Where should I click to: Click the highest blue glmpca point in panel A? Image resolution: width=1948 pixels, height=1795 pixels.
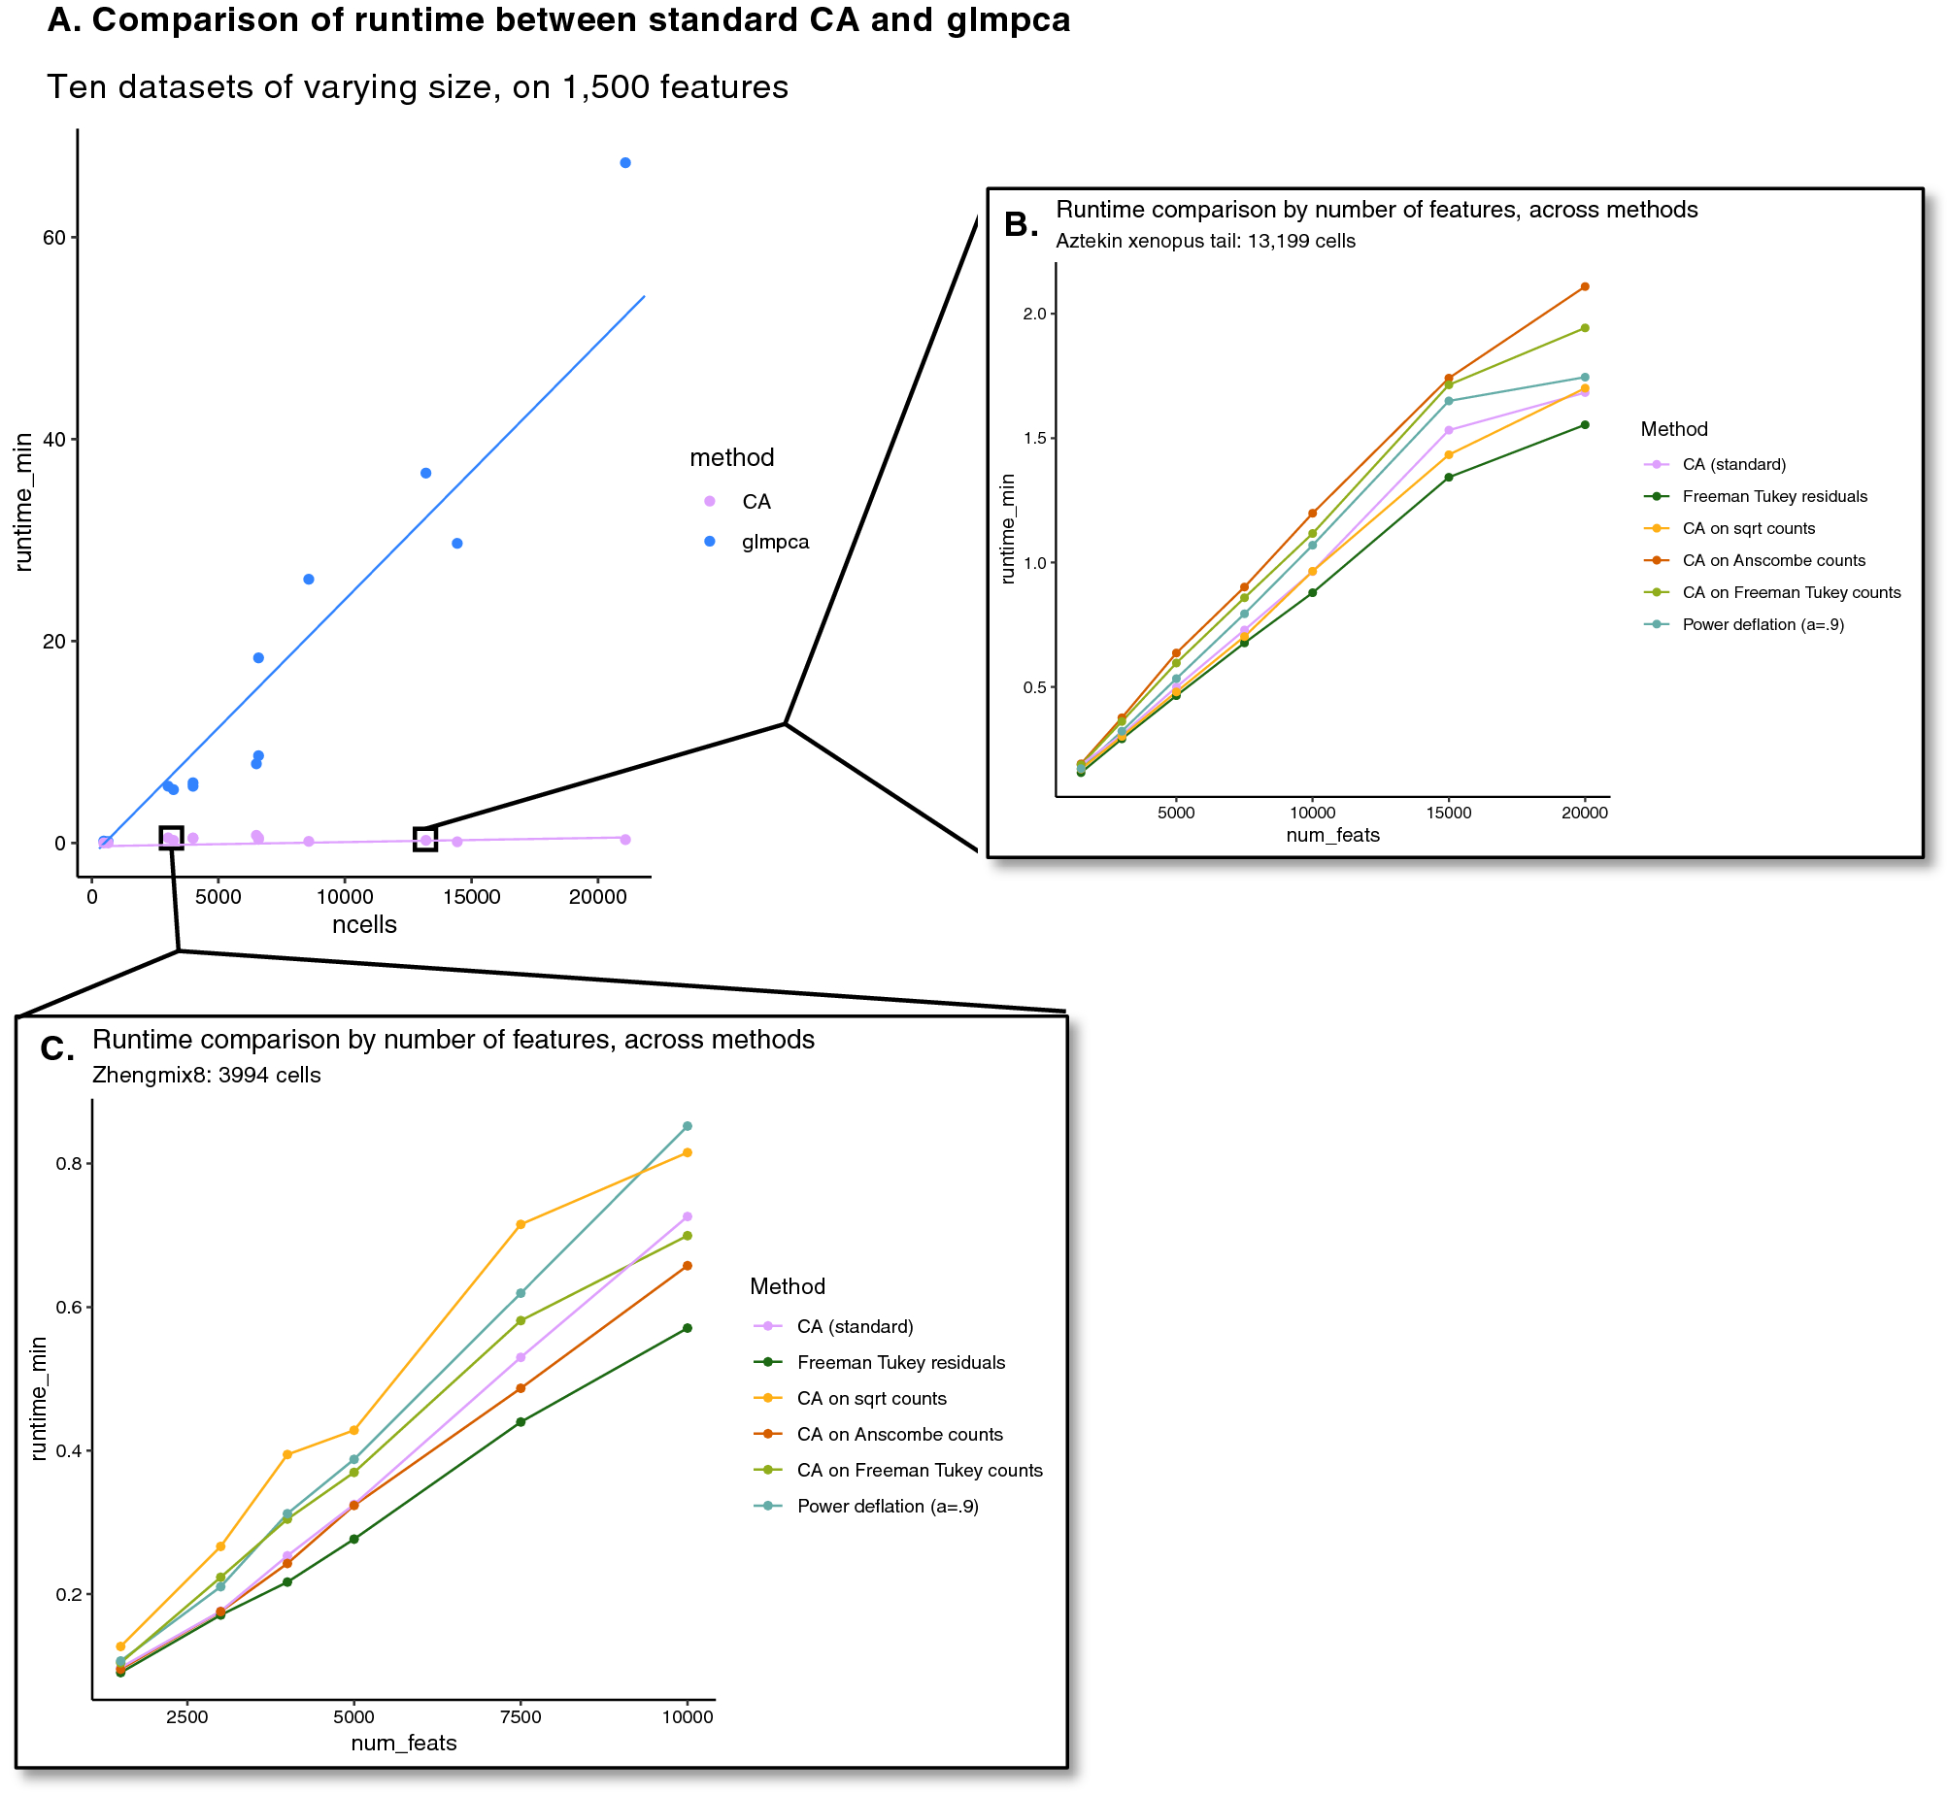pos(624,162)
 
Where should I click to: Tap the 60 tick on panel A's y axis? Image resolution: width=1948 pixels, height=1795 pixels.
pos(54,238)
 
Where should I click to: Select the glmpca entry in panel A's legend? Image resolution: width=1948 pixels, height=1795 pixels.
pos(774,542)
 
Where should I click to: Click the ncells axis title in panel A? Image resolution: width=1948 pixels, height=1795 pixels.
pos(364,924)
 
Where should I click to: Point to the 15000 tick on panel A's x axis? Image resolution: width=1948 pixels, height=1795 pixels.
pos(471,897)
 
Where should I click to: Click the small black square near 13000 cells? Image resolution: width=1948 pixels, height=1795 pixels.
pos(424,839)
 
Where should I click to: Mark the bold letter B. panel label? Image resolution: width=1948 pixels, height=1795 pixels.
pos(1022,224)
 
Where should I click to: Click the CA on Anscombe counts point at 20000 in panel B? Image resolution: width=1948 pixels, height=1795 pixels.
pos(1585,286)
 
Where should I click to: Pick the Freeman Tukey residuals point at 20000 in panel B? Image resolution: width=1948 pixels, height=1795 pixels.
pos(1585,424)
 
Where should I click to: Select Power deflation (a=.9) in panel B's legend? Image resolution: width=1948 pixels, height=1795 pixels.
pos(1763,624)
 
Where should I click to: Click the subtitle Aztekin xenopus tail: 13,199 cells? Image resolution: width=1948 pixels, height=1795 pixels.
pos(1205,241)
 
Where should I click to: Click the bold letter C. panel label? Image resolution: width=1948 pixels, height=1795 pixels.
pos(57,1049)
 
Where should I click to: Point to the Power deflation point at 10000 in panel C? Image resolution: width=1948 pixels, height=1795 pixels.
pos(687,1126)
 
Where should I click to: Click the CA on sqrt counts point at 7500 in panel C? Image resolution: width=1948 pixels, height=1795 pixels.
pos(521,1224)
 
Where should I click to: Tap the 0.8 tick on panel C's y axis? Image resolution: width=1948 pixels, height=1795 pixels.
pos(68,1164)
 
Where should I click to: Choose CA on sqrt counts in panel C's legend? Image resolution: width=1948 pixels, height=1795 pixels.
pos(870,1399)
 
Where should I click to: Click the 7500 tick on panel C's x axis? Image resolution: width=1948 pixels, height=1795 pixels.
pos(521,1717)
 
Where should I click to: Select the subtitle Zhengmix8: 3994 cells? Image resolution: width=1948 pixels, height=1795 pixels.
pos(206,1076)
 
